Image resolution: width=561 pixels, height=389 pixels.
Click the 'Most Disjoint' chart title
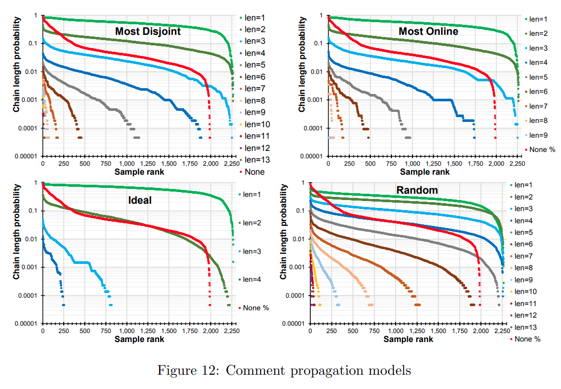point(148,32)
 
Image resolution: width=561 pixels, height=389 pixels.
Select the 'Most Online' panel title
point(428,32)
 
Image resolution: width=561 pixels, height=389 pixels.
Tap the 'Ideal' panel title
point(140,201)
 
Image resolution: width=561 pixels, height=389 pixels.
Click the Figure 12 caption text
point(284,371)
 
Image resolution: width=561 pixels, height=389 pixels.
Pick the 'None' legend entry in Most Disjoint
point(252,172)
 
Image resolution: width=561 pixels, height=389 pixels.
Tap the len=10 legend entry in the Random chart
point(524,291)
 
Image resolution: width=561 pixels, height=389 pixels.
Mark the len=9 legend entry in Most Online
point(538,135)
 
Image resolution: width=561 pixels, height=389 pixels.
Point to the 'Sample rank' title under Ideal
point(139,339)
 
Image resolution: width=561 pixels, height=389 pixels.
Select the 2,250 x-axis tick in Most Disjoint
point(230,164)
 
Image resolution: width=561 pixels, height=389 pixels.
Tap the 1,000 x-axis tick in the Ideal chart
point(126,331)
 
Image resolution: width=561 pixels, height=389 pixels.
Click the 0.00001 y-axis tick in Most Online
point(310,156)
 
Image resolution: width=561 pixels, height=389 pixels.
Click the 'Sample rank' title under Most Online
point(425,172)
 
